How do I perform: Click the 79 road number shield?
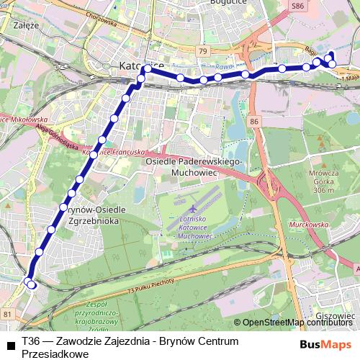(204, 52)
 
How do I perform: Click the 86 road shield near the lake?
(253, 123)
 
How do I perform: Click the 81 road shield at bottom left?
(7, 314)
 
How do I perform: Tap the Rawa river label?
(222, 68)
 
